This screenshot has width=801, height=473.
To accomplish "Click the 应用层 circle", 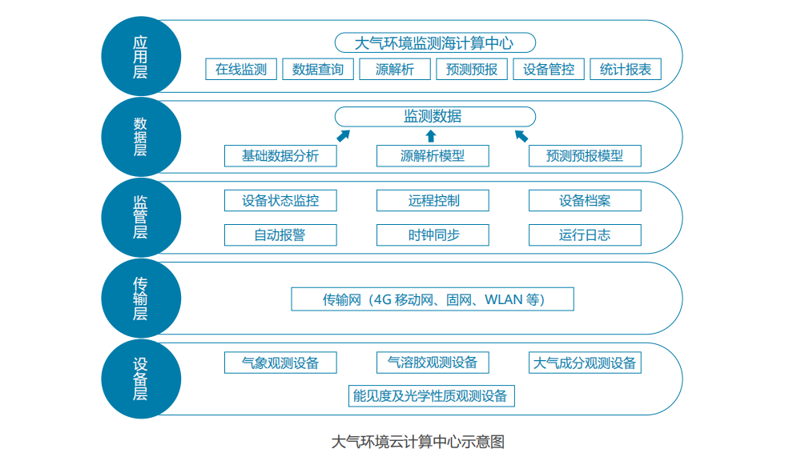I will coord(140,57).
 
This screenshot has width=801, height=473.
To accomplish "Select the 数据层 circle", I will coord(140,137).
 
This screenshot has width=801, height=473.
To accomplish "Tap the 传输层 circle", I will coord(140,298).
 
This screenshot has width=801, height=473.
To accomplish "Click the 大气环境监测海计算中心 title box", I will coord(434,42).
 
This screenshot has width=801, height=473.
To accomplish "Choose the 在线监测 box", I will coord(241,69).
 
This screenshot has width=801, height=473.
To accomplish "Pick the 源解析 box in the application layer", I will coord(395,69).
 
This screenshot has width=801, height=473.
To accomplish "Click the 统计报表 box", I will coord(626,69).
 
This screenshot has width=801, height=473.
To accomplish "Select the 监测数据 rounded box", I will coord(434,116).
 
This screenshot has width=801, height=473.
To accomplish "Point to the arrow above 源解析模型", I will coord(431,135).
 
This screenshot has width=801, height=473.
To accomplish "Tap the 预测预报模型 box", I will coord(585,156).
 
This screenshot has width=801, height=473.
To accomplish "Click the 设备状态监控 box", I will coord(280,200).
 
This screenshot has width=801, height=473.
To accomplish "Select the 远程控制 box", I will coord(433,200).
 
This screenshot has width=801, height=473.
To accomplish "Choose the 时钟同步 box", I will coord(433,235).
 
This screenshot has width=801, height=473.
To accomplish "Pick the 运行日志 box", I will coord(585,235).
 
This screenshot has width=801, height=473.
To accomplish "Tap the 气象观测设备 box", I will coord(280,363).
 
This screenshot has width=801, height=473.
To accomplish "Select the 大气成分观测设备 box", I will coord(585,363).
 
